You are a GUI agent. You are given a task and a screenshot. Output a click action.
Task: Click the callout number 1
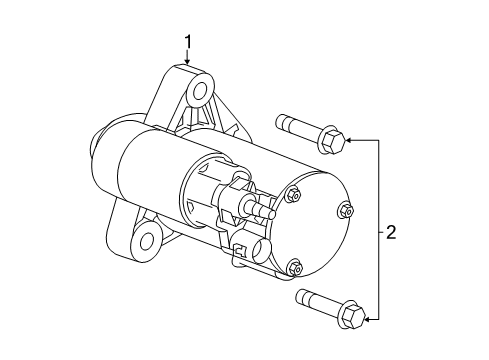coord(187,43)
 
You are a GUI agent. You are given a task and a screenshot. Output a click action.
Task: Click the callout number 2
coord(391,233)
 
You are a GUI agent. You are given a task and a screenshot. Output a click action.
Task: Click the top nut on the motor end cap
coord(293,195)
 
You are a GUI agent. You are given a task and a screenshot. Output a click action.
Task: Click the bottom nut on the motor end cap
coord(293,266)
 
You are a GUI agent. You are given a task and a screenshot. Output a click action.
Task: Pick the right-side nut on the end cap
coord(345,210)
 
